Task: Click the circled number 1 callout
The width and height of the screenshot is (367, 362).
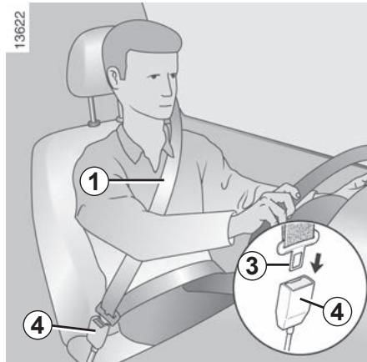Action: point(94,182)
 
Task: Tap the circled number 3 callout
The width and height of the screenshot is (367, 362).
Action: point(253,265)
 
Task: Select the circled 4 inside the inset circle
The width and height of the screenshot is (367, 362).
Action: point(337,312)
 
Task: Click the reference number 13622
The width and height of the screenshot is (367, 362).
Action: point(20,30)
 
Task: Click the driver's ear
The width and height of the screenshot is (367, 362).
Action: point(113,78)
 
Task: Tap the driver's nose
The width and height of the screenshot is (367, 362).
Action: point(168,89)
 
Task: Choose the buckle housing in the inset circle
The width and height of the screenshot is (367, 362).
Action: point(295,301)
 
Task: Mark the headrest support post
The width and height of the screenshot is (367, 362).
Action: point(93,111)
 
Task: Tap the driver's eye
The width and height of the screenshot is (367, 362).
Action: point(152,77)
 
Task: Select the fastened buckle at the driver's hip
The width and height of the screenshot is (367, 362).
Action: point(105,319)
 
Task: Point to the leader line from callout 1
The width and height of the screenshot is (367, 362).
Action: point(136,181)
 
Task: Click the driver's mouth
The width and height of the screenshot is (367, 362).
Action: point(164,106)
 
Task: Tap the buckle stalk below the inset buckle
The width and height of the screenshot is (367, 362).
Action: point(289,339)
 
